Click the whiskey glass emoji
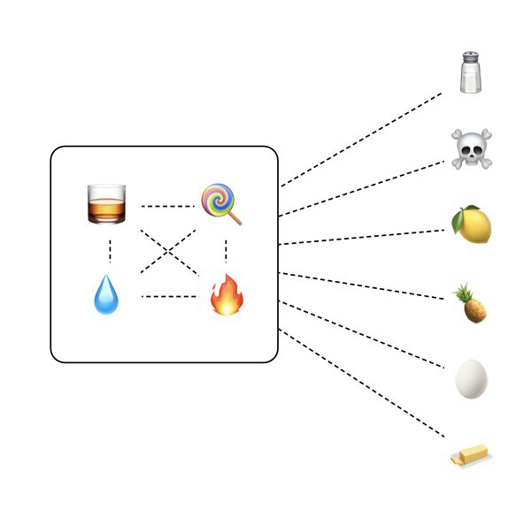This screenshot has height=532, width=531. point(106,203)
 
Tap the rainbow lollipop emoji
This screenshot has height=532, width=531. point(219,204)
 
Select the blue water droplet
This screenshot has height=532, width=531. point(105,295)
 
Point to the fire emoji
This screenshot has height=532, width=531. point(226,294)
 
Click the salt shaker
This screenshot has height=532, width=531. point(472,72)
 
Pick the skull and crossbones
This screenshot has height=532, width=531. point(472,148)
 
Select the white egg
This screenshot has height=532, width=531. point(471,380)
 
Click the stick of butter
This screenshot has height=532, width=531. point(471,455)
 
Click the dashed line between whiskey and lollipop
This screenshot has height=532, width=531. point(167,206)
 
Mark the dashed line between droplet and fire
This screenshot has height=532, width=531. point(168,296)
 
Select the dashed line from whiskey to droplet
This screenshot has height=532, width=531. point(110,249)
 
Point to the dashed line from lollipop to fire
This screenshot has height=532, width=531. point(227,250)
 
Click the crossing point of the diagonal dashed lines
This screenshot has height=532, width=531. point(168,252)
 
